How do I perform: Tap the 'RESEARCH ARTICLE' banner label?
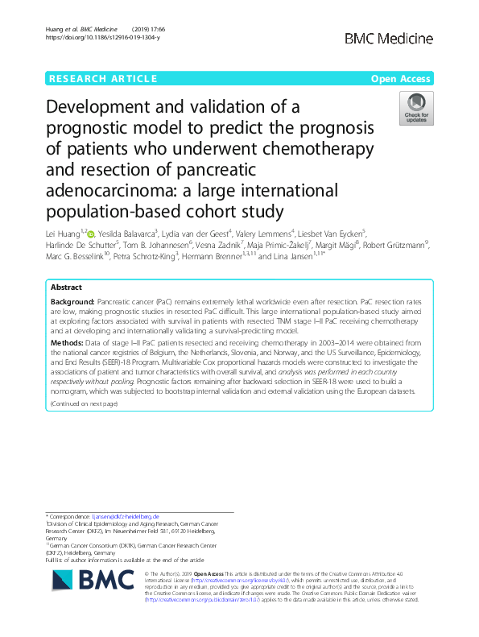(x=102, y=78)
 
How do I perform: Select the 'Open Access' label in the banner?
(x=402, y=78)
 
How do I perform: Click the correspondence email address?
(x=124, y=516)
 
